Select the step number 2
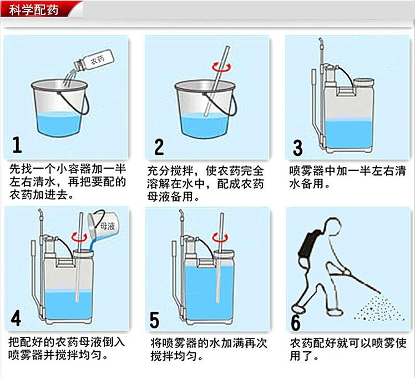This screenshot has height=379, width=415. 159,147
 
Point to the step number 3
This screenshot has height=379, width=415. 298,148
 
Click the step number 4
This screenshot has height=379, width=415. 17,319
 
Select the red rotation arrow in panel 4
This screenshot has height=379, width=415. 81,237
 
